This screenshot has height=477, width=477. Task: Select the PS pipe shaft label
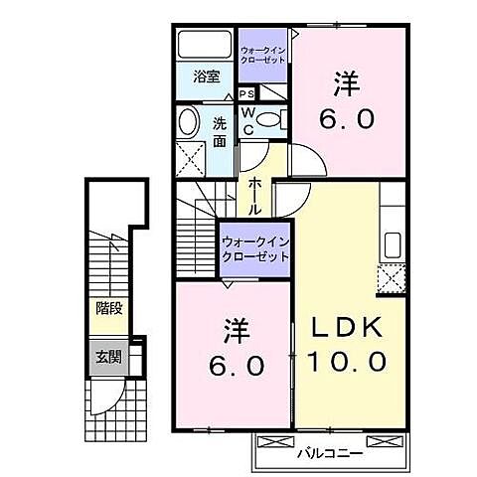245,94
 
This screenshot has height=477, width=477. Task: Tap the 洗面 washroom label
219,131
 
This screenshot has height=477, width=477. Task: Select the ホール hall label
255,188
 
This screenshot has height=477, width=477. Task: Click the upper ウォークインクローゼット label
263,53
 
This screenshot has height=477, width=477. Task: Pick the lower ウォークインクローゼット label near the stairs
254,247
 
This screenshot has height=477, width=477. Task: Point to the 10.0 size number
347,363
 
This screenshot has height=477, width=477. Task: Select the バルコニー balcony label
327,454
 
